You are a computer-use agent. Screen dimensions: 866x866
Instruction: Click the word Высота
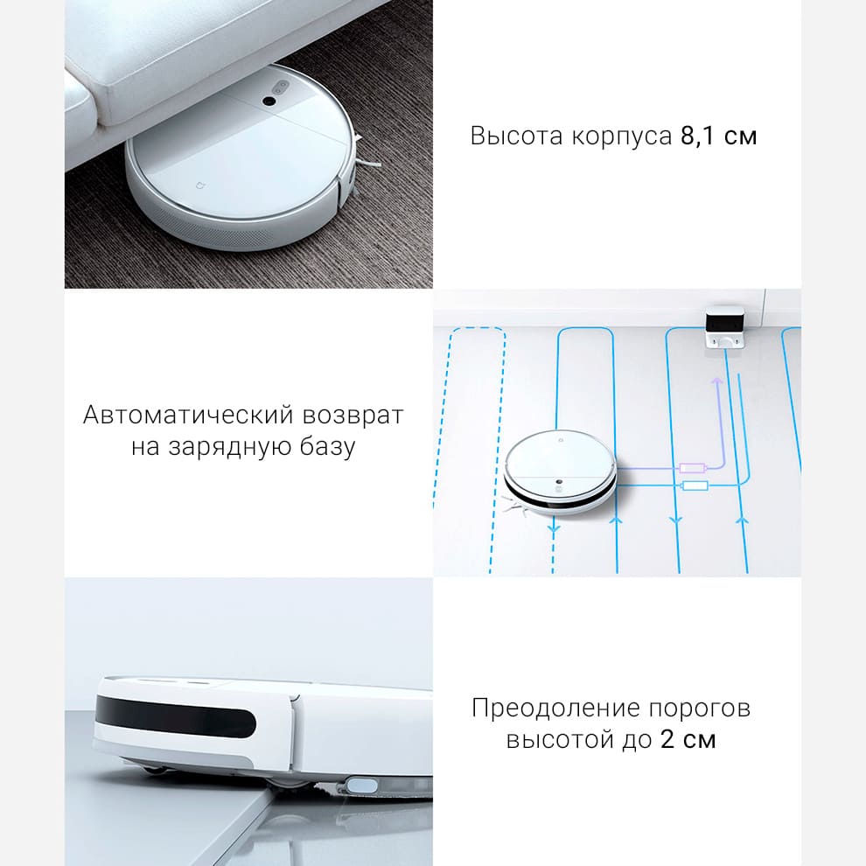click(x=516, y=136)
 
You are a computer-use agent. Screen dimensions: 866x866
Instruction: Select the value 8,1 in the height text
click(x=697, y=136)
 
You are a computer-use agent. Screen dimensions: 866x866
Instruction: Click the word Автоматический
click(x=188, y=415)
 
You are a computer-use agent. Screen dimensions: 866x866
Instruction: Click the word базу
click(x=327, y=447)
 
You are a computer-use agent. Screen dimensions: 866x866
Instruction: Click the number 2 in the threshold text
click(x=667, y=739)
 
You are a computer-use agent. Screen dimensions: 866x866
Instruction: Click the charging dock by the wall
click(x=724, y=327)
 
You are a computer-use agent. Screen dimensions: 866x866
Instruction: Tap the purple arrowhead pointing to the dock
click(x=717, y=381)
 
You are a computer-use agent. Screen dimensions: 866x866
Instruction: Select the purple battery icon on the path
click(x=693, y=468)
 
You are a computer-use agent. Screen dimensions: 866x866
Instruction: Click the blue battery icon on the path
click(x=695, y=486)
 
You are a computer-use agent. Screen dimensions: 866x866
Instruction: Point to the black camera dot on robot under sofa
click(x=269, y=101)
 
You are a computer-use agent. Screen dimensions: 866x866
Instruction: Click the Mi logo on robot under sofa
click(x=200, y=185)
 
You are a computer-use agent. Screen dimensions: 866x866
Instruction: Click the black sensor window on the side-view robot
click(x=175, y=716)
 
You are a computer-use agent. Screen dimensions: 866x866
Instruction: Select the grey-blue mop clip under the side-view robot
click(x=361, y=786)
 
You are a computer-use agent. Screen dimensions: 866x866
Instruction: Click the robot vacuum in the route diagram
click(x=560, y=472)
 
